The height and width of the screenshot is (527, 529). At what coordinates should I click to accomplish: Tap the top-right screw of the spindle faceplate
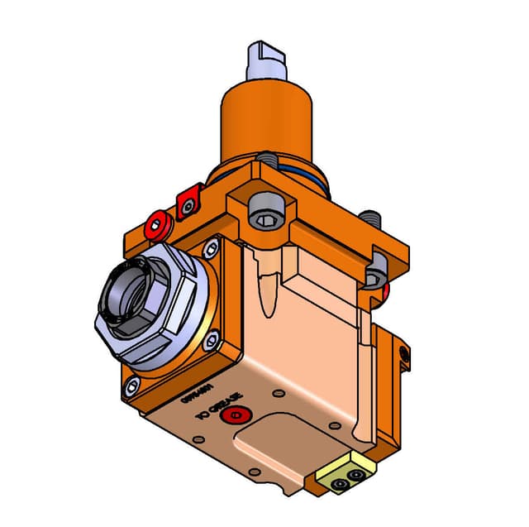point(214,245)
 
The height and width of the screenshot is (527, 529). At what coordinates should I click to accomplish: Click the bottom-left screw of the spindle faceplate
point(132,384)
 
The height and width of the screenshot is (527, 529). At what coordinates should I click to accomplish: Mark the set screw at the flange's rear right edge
point(373,219)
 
